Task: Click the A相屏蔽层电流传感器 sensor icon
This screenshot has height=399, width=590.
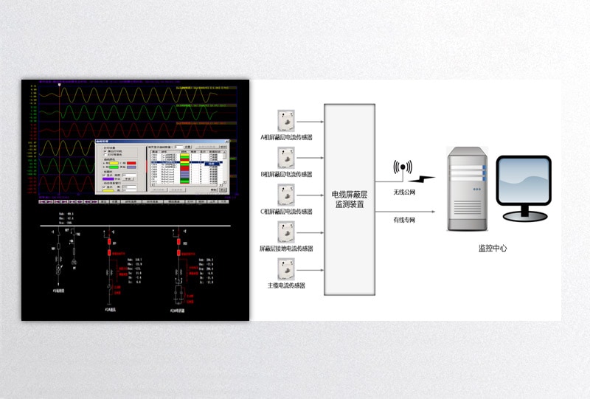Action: coord(286,121)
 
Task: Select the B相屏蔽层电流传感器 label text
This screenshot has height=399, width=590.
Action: coord(287,174)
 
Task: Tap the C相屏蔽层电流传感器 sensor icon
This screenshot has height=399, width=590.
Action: coord(286,195)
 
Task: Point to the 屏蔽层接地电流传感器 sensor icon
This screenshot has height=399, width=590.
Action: coord(286,232)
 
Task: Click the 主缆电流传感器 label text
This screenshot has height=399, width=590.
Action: coord(287,285)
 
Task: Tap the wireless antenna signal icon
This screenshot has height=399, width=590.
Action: coord(402,167)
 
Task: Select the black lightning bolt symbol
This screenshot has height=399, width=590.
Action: coord(423,179)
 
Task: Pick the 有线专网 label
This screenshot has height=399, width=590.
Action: coord(405,219)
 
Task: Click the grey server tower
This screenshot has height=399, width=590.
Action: coord(467,189)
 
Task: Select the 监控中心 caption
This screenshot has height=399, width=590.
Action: coord(493,249)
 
